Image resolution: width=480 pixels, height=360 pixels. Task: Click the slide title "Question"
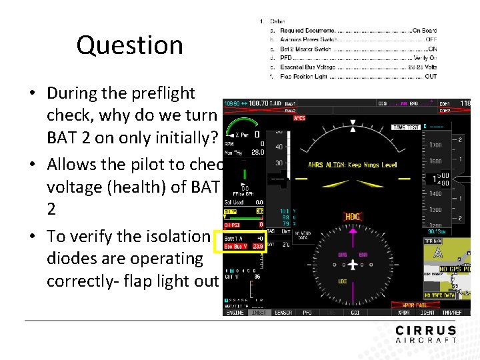(129, 45)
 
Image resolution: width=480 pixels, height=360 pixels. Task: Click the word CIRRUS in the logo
(426, 331)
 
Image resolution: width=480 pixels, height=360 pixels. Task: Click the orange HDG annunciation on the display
(353, 217)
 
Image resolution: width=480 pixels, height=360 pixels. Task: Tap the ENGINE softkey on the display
(235, 313)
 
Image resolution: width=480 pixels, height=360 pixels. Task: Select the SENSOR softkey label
(283, 313)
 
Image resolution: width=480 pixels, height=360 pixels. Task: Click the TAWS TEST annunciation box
(407, 127)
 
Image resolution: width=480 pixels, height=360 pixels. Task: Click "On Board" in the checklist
(425, 31)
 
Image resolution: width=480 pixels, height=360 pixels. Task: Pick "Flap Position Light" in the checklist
(304, 76)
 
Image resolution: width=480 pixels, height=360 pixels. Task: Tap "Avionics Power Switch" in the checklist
(305, 39)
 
